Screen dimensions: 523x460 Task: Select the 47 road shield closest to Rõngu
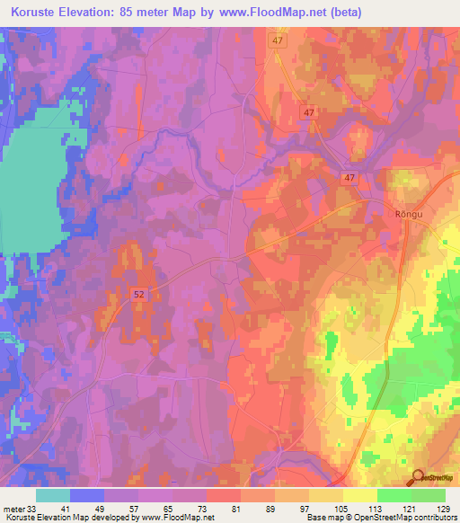(x=349, y=179)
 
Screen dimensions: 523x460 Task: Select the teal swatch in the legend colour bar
(x=53, y=495)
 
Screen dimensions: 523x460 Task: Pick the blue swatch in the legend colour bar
(x=87, y=495)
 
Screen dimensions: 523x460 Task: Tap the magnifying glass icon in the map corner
(x=418, y=479)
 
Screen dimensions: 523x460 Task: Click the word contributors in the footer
(x=434, y=518)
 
